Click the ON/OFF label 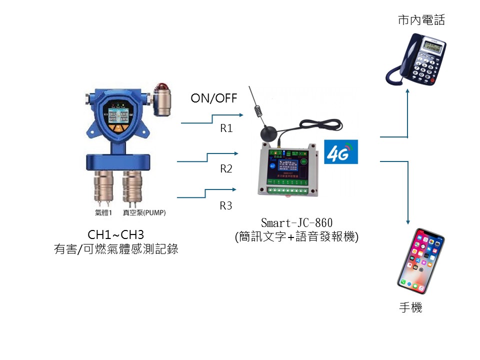(x=214, y=98)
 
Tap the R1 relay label (x=226, y=128)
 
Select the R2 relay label (x=226, y=169)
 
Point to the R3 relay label (x=226, y=205)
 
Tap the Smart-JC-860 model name (x=296, y=223)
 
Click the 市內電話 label (x=421, y=20)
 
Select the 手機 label (x=410, y=307)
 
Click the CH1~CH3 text (x=115, y=234)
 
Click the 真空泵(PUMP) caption (x=144, y=213)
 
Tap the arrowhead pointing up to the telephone (x=408, y=92)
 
